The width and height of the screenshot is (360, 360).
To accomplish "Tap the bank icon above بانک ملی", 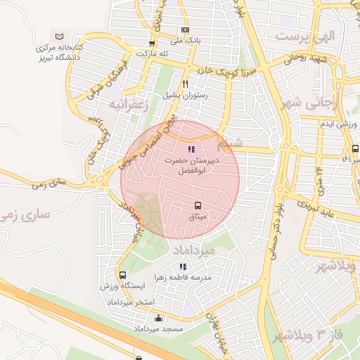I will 185,30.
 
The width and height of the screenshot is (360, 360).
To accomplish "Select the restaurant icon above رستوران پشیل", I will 186,84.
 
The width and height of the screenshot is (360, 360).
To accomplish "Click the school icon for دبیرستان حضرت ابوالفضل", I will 191,149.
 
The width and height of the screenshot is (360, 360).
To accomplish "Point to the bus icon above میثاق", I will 198,205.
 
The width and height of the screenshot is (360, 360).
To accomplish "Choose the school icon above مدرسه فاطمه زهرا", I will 183,266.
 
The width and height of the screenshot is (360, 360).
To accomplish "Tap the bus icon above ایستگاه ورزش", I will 123,275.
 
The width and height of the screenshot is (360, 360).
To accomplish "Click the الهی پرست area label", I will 307,34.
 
